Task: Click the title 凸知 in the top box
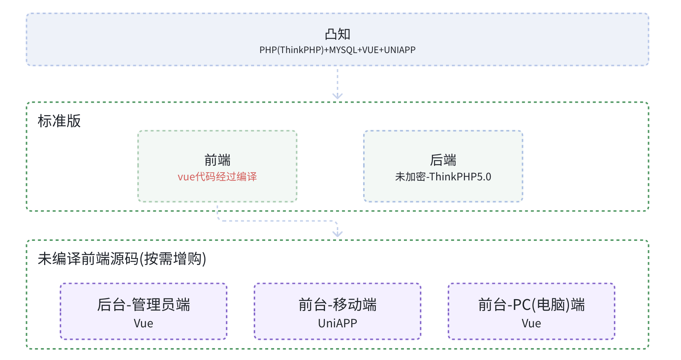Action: [337, 35]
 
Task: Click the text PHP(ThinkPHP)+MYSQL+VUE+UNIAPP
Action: [337, 50]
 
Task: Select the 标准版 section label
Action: [59, 121]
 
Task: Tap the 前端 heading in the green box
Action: [217, 160]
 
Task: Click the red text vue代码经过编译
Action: [217, 177]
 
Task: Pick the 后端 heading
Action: [443, 160]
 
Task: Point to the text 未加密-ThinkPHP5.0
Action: [443, 177]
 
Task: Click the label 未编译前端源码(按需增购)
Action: [122, 259]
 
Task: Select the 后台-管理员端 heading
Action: [144, 305]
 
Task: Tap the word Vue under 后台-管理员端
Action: [144, 323]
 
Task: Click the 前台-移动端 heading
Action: [337, 305]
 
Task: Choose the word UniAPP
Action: [337, 323]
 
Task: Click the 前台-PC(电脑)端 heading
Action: [531, 305]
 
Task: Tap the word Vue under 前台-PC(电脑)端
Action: [531, 323]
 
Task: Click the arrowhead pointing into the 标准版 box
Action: [337, 96]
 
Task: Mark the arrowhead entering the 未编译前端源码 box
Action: [337, 234]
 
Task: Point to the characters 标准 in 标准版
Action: [52, 121]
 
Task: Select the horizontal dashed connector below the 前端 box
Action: [276, 221]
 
